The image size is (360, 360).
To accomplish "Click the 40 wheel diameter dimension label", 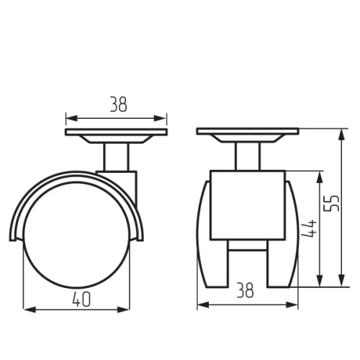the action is tap(81, 300).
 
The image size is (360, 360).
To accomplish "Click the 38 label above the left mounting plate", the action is tap(118, 104).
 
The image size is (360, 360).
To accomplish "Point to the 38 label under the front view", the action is tap(246, 290).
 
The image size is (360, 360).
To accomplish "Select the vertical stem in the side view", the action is tap(116, 157).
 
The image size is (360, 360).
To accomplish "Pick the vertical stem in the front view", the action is tap(248, 156).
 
